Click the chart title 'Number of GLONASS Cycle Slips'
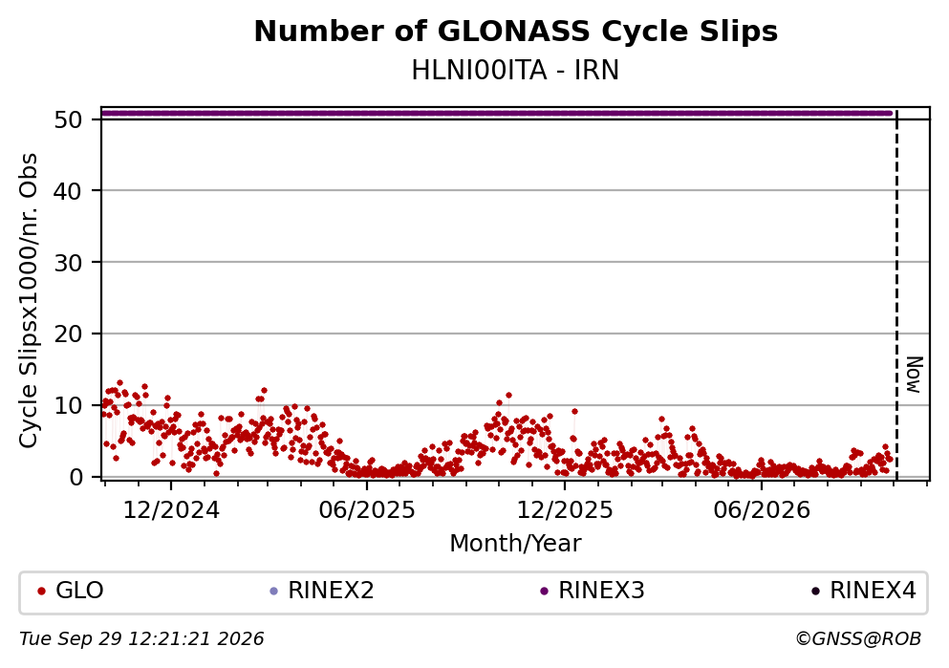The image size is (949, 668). click(516, 32)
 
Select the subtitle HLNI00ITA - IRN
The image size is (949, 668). click(516, 71)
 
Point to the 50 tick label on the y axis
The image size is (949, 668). click(69, 119)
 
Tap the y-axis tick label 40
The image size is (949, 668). click(69, 191)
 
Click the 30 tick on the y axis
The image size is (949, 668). click(69, 263)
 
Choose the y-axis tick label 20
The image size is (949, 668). click(69, 334)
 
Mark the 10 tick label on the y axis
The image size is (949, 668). click(69, 405)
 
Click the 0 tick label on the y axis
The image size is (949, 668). click(76, 477)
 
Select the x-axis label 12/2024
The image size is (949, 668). click(171, 510)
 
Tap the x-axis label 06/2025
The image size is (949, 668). click(367, 510)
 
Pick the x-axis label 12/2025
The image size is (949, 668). click(565, 510)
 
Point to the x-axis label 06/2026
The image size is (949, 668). click(762, 510)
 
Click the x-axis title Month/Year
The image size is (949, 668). click(516, 544)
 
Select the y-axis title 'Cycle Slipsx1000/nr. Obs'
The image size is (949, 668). click(29, 301)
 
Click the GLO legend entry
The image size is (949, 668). click(71, 591)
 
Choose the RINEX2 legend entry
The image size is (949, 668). click(323, 591)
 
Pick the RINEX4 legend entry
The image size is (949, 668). click(864, 591)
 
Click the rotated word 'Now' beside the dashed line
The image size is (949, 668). click(914, 375)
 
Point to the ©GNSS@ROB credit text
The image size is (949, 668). click(859, 639)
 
